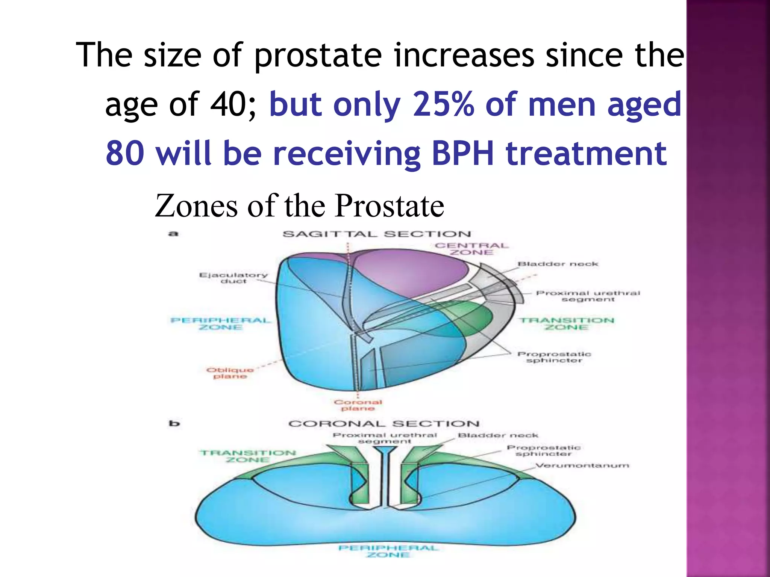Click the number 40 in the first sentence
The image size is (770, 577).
click(228, 104)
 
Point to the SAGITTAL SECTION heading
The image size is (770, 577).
click(376, 234)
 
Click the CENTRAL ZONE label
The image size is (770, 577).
click(471, 249)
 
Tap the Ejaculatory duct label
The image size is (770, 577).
click(233, 278)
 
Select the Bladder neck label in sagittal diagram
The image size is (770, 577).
click(558, 264)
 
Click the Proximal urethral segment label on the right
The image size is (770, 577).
click(588, 296)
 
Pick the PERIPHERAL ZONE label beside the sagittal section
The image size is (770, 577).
click(221, 324)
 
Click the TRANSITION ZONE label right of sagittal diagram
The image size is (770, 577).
click(567, 324)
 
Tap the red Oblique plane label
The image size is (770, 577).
click(230, 373)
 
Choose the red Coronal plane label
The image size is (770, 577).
click(358, 405)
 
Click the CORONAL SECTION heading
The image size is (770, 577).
click(384, 424)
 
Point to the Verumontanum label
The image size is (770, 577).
click(582, 466)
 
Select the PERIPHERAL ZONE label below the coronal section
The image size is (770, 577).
click(388, 551)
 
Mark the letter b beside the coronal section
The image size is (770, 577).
click(174, 424)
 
